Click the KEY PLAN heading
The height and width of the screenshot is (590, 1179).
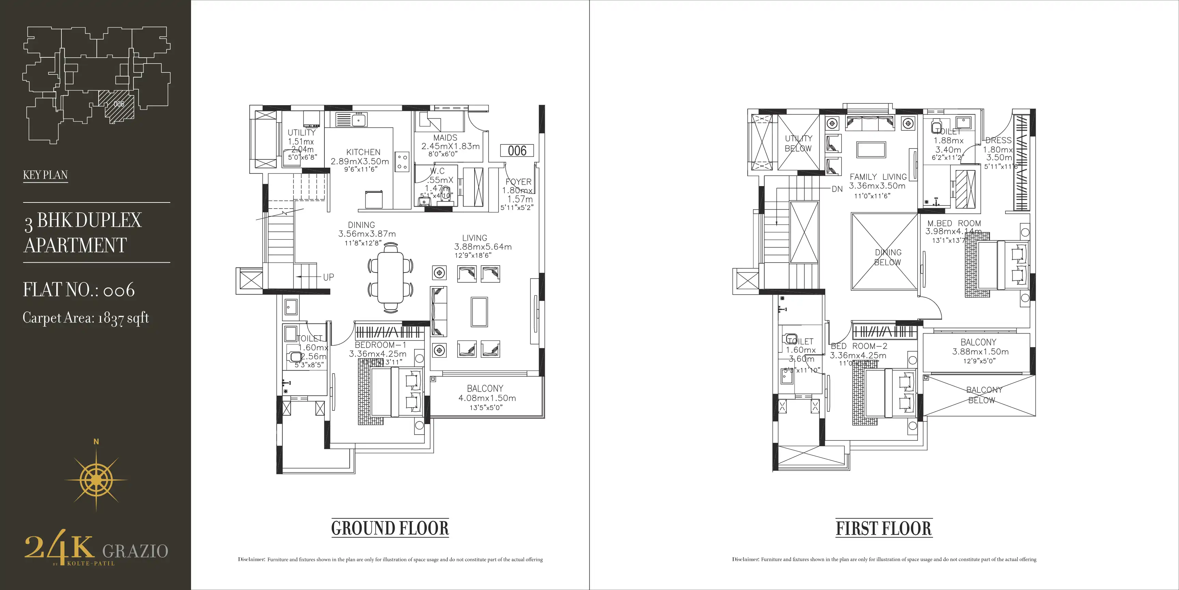pos(45,175)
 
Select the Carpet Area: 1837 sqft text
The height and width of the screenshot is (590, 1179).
pos(86,318)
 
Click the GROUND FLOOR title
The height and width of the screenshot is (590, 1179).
pos(390,528)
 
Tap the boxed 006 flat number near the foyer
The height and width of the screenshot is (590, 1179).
pos(517,151)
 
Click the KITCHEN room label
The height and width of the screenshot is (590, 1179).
pos(363,152)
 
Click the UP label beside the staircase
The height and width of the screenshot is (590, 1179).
pos(328,277)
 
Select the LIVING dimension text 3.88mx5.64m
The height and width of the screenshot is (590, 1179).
pos(482,247)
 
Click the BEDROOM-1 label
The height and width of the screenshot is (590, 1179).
pos(380,345)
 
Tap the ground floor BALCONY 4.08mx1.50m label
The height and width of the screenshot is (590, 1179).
pos(486,398)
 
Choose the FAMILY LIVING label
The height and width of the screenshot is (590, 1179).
pos(878,177)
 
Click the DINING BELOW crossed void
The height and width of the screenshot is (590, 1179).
pos(884,252)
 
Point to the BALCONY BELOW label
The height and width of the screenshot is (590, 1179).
pos(983,395)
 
